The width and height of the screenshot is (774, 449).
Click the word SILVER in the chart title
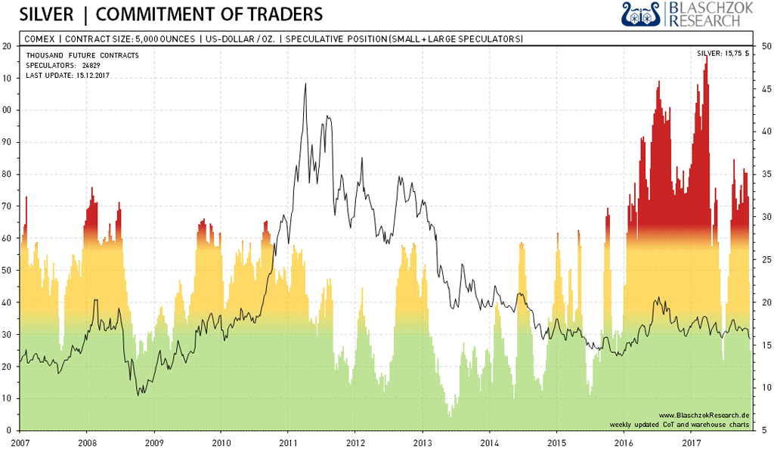(x=46, y=14)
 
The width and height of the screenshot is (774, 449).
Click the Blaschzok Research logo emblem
(x=642, y=14)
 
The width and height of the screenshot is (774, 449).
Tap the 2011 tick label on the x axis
(x=287, y=440)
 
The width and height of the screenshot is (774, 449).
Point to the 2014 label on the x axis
(x=489, y=440)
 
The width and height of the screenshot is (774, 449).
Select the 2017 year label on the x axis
(x=691, y=440)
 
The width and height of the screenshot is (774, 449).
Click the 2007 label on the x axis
(x=20, y=440)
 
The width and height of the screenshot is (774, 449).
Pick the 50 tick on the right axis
(x=765, y=46)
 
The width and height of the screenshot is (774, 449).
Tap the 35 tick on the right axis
(x=765, y=174)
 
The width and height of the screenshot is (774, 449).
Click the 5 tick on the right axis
(x=763, y=430)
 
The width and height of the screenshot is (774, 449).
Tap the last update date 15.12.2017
(x=92, y=76)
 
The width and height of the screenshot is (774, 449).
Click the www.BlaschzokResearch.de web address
(x=704, y=416)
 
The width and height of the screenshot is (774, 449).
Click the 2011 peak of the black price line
(x=305, y=84)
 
